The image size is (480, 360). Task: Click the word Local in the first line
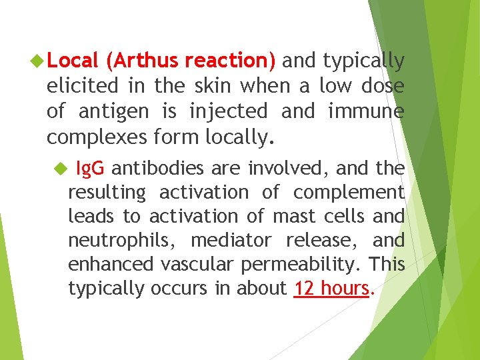pos(73,61)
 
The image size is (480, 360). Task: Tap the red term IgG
pos(90,169)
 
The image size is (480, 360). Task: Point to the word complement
pos(349,193)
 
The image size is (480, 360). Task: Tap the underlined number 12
pos(303,289)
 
